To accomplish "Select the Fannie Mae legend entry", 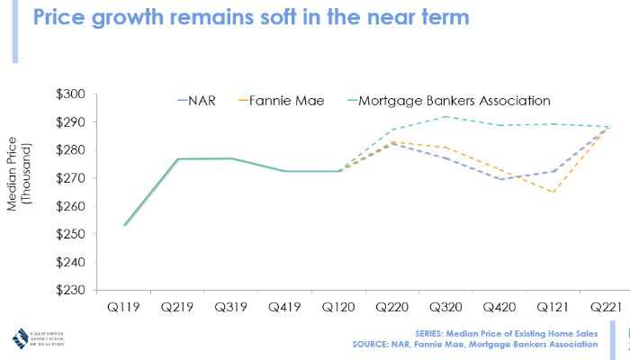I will click(287, 100).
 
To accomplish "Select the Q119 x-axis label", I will click(123, 306).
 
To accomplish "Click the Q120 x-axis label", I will click(338, 306).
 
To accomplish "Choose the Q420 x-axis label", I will click(500, 306).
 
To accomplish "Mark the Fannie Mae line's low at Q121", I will click(553, 192).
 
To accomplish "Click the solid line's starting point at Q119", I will click(124, 225).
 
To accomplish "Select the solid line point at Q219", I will click(177, 159).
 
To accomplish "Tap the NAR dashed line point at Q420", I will click(500, 179).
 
